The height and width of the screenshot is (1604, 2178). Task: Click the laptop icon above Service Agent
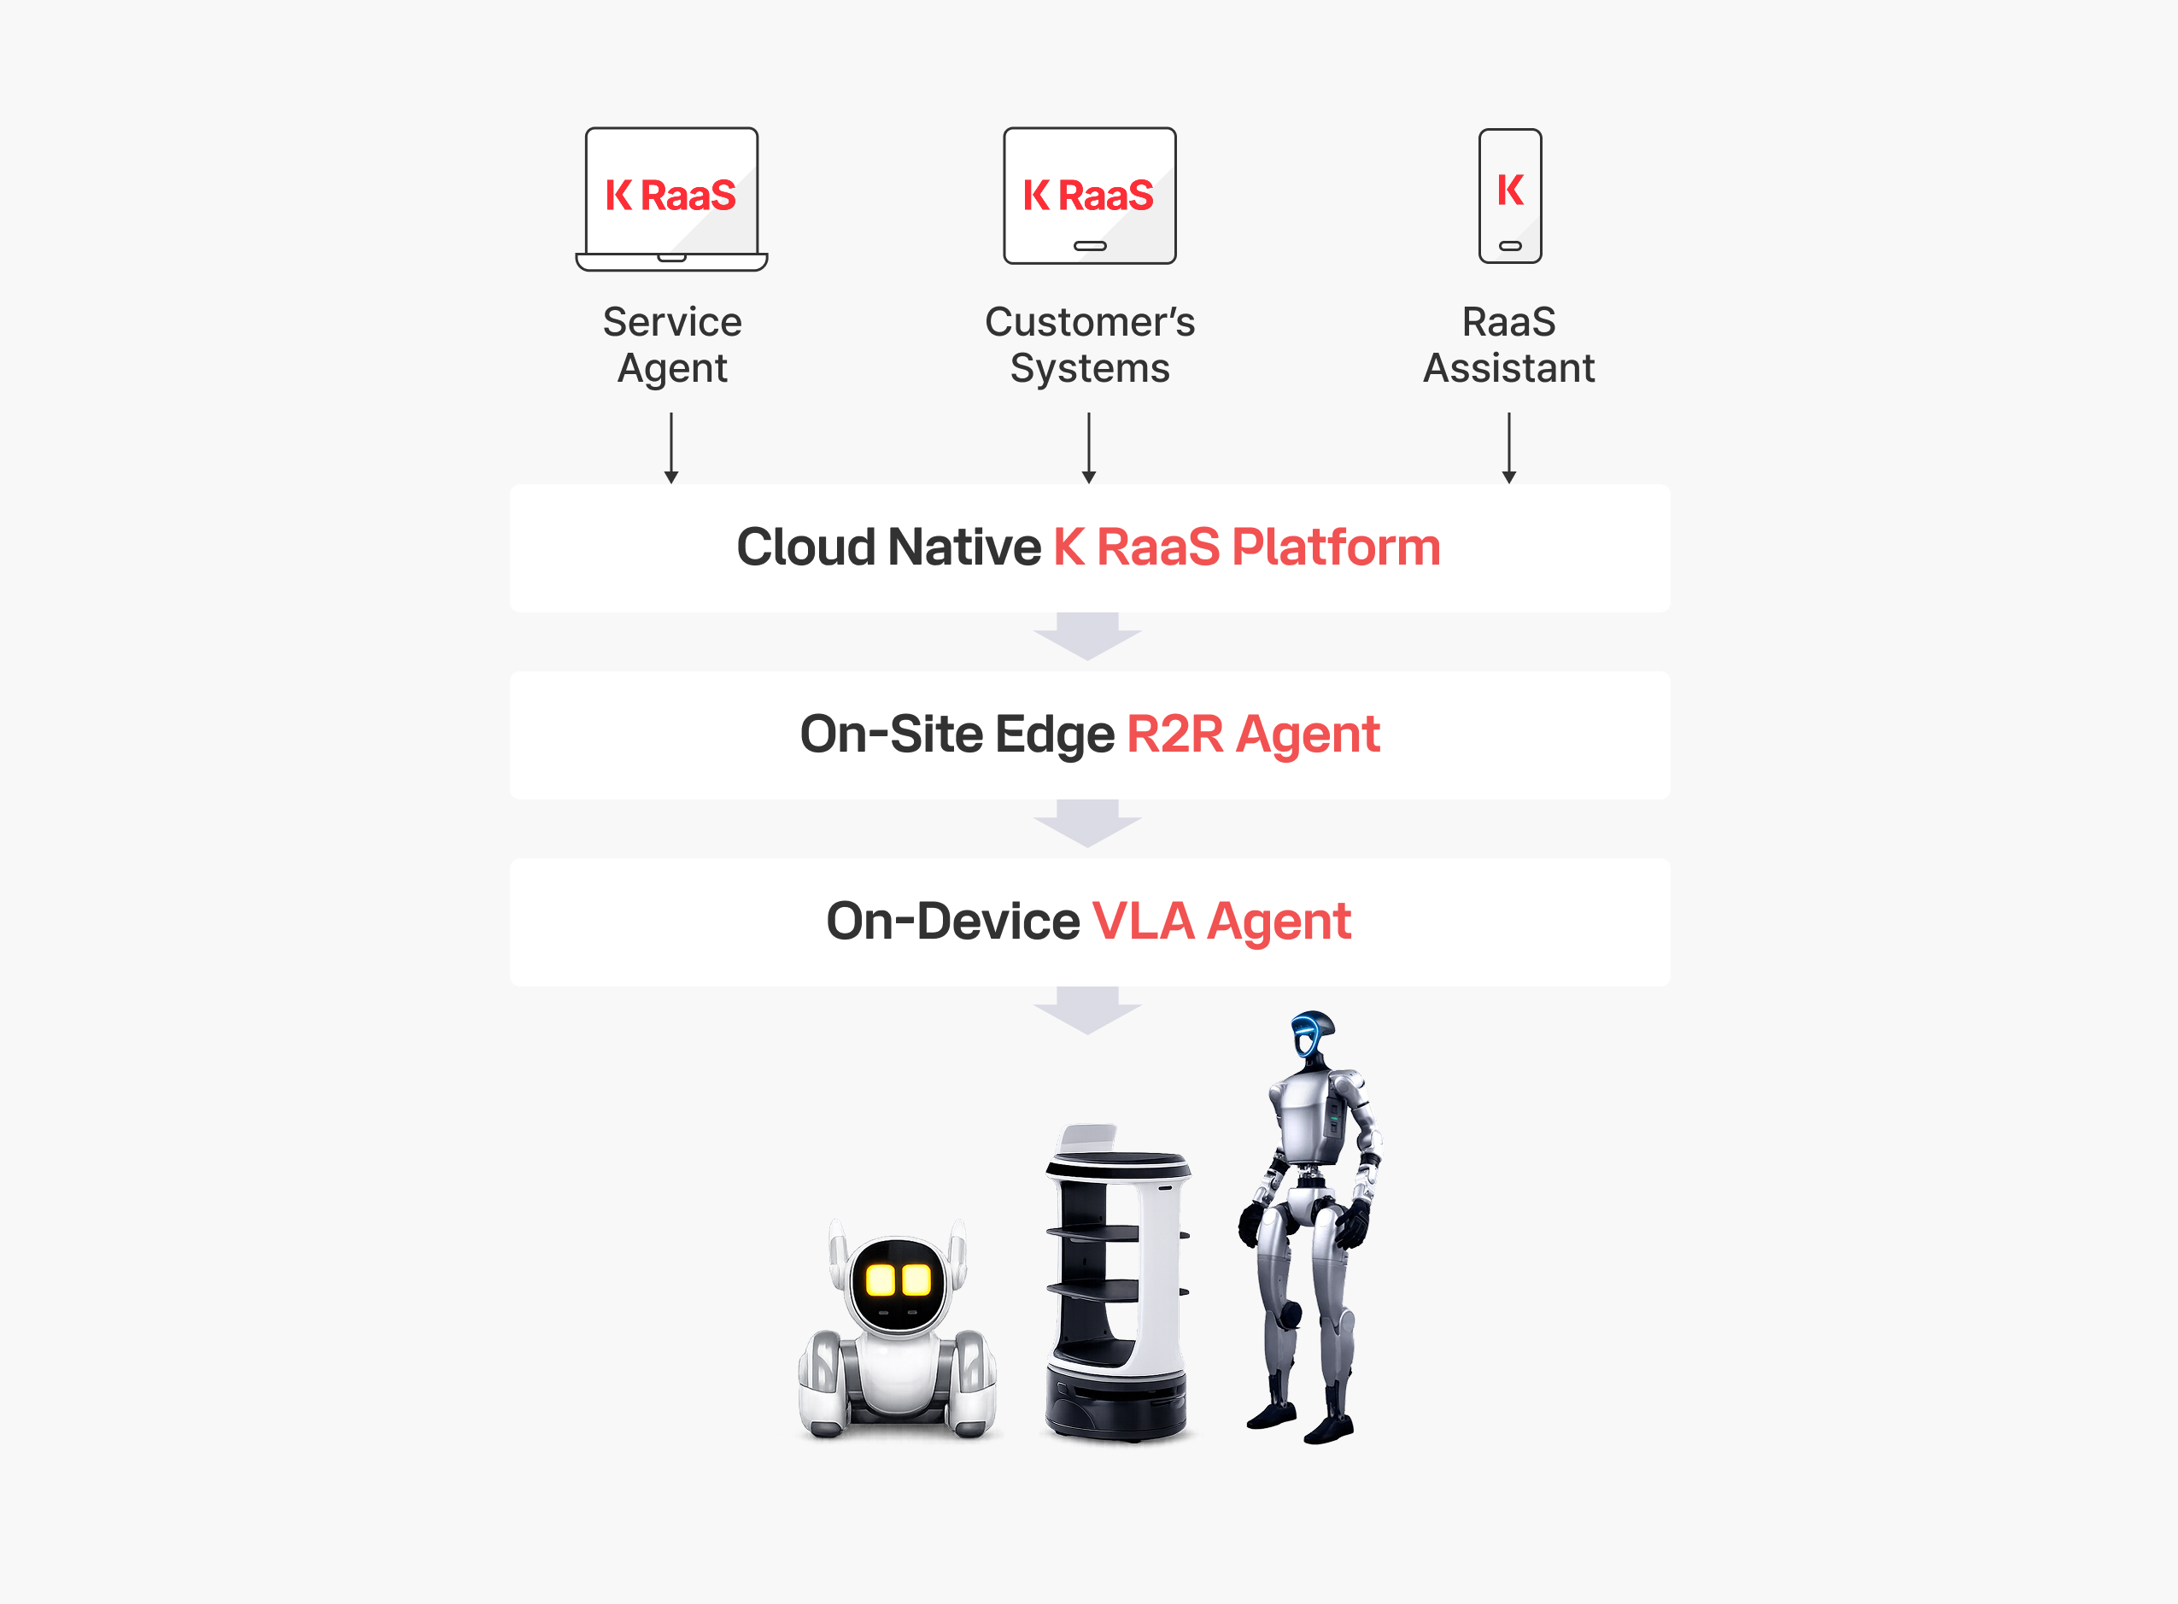click(x=672, y=199)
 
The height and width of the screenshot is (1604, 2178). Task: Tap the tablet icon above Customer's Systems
click(x=1090, y=195)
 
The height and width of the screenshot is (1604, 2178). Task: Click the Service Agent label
click(x=672, y=345)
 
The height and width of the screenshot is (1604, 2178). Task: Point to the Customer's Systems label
click(x=1090, y=345)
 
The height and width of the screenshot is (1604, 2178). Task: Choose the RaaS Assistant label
click(x=1509, y=345)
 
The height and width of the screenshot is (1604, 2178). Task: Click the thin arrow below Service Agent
click(x=671, y=448)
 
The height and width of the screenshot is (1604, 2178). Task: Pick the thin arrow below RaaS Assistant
click(x=1509, y=448)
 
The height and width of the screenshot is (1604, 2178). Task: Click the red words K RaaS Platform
click(x=1247, y=547)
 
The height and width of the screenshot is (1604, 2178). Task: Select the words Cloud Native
click(x=888, y=547)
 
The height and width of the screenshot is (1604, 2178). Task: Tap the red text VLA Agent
click(x=1221, y=922)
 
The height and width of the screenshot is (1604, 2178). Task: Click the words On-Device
click(x=952, y=922)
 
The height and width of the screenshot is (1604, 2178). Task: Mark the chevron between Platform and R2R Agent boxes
click(x=1087, y=637)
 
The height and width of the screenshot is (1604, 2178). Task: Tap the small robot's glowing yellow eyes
click(x=899, y=1280)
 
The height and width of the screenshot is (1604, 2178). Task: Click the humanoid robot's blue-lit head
click(x=1312, y=1036)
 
